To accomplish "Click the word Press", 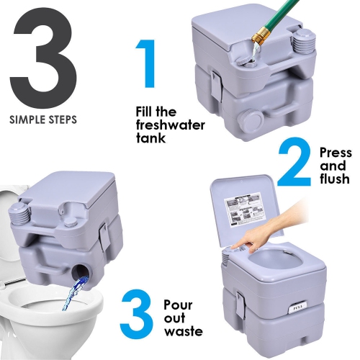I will [x=336, y=153].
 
